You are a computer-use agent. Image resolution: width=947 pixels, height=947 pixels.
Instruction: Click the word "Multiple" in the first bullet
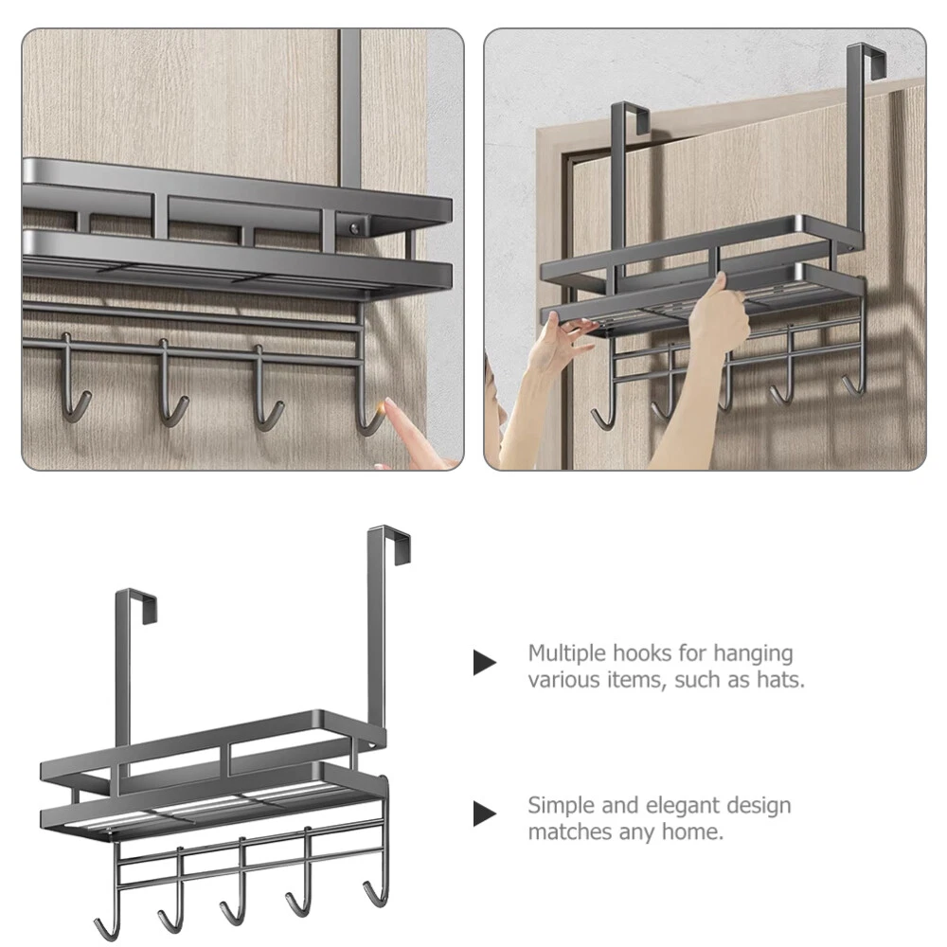click(566, 652)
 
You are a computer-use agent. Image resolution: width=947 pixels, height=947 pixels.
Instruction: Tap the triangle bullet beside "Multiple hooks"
click(484, 663)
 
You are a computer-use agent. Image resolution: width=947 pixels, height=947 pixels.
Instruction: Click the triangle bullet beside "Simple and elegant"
click(484, 813)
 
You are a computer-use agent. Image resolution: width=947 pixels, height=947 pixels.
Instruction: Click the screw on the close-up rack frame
click(354, 228)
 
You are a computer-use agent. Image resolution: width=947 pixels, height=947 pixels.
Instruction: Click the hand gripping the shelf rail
click(718, 308)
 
